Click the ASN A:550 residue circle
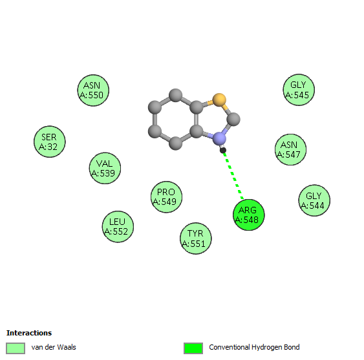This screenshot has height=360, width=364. [93, 90]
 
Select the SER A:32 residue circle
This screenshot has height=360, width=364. [50, 142]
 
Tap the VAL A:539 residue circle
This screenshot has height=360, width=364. [105, 168]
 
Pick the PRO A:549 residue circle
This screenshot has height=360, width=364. [166, 197]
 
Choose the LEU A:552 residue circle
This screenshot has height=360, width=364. [118, 227]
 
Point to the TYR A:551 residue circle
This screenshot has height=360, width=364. [196, 238]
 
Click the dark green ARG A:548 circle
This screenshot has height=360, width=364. [249, 215]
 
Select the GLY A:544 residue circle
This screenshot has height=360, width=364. [314, 200]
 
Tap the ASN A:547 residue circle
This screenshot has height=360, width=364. [290, 149]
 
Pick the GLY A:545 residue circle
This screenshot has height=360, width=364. [299, 90]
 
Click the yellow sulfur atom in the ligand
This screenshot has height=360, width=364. [219, 100]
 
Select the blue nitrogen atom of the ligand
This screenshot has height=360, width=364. [219, 139]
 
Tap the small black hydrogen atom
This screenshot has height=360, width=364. [223, 151]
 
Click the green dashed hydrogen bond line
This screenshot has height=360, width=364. [233, 176]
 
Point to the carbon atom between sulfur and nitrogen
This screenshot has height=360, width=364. [233, 120]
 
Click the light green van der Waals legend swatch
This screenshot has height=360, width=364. [16, 348]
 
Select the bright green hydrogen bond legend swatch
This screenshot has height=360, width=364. [193, 348]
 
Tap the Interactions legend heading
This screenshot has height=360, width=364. [29, 333]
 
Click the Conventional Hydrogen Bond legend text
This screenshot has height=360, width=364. [254, 347]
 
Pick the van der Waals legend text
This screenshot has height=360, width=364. [54, 347]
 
